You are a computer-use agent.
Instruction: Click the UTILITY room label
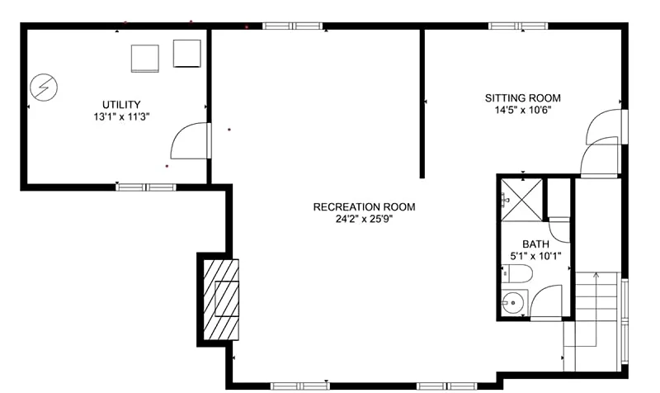pyautogui.click(x=121, y=105)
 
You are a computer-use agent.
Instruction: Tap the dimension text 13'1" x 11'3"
pyautogui.click(x=121, y=116)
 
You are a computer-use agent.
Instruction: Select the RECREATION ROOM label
pyautogui.click(x=364, y=206)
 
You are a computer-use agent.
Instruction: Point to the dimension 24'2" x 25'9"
pyautogui.click(x=364, y=219)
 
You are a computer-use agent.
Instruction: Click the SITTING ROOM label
pyautogui.click(x=523, y=98)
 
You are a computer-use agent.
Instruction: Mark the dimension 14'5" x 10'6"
pyautogui.click(x=523, y=111)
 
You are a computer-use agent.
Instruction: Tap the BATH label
pyautogui.click(x=535, y=244)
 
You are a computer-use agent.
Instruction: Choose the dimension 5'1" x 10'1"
pyautogui.click(x=535, y=256)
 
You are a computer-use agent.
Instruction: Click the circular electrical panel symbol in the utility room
pyautogui.click(x=44, y=88)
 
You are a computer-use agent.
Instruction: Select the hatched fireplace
pyautogui.click(x=221, y=300)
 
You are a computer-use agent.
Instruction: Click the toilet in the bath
pyautogui.click(x=517, y=274)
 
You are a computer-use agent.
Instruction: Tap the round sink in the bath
pyautogui.click(x=513, y=302)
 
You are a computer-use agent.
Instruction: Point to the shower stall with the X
pyautogui.click(x=521, y=200)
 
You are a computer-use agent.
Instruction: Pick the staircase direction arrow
pyautogui.click(x=596, y=310)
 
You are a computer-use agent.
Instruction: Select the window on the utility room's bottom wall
pyautogui.click(x=146, y=187)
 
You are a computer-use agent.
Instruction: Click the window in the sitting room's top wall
pyautogui.click(x=519, y=26)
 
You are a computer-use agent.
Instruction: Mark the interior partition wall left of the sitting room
pyautogui.click(x=422, y=104)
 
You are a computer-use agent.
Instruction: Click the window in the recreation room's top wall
pyautogui.click(x=293, y=26)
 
